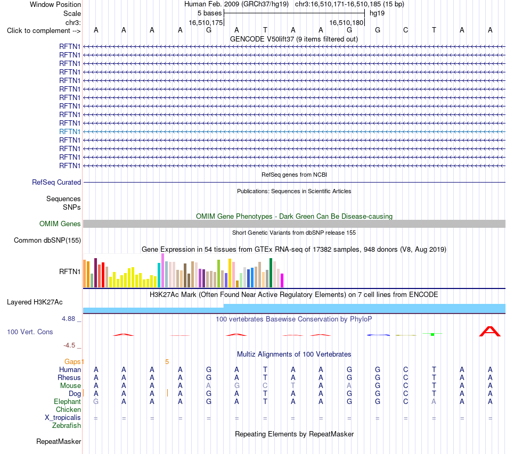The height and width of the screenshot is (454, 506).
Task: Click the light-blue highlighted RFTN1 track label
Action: coord(70,131)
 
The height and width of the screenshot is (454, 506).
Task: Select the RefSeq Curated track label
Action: coord(56,182)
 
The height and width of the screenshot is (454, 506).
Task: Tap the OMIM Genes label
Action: coord(60,224)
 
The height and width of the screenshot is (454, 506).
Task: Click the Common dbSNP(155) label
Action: coord(47,240)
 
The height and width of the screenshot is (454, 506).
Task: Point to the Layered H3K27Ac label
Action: coord(35,302)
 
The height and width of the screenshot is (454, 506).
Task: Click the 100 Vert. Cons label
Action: coord(30,332)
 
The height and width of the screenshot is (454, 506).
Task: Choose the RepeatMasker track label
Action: coord(59,441)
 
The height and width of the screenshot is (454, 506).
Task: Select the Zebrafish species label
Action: coord(67,426)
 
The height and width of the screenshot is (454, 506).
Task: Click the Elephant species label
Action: coord(68,401)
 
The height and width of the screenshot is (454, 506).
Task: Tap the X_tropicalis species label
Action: coord(63,418)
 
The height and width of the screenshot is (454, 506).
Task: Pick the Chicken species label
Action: coord(68,409)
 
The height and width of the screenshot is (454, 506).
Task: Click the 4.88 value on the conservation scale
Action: coord(68,319)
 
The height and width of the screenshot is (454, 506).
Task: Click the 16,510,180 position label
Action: coord(346,22)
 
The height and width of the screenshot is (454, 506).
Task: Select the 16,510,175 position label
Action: coord(206,22)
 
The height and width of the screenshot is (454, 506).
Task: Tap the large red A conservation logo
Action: coord(490,332)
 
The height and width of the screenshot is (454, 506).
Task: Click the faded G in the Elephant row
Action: coord(96,401)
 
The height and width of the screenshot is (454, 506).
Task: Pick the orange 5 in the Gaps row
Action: coord(167,362)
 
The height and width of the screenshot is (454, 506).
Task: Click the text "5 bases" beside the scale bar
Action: coord(210,13)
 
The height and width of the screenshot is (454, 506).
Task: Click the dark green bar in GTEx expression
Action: coord(271,273)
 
